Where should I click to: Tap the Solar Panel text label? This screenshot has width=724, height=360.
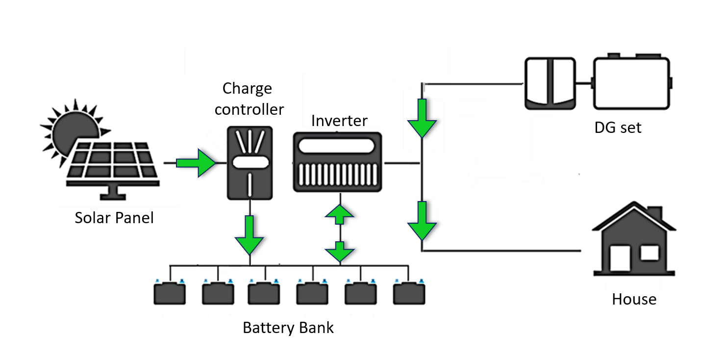(x=114, y=217)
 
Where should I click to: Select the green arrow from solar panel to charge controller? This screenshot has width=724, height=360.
(x=195, y=163)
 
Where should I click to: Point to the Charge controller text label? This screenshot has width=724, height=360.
(x=249, y=99)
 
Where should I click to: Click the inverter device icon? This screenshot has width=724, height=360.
(x=337, y=162)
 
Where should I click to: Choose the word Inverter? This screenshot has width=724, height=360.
(x=339, y=121)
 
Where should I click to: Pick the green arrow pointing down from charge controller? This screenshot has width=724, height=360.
(x=250, y=234)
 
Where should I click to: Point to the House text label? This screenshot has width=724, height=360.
(x=634, y=299)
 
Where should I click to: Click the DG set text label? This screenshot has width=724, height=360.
(x=618, y=128)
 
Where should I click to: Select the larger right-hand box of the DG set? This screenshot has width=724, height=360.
(x=631, y=83)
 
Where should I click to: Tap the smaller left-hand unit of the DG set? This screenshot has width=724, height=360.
(x=550, y=83)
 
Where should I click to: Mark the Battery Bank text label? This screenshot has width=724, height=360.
(x=288, y=328)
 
